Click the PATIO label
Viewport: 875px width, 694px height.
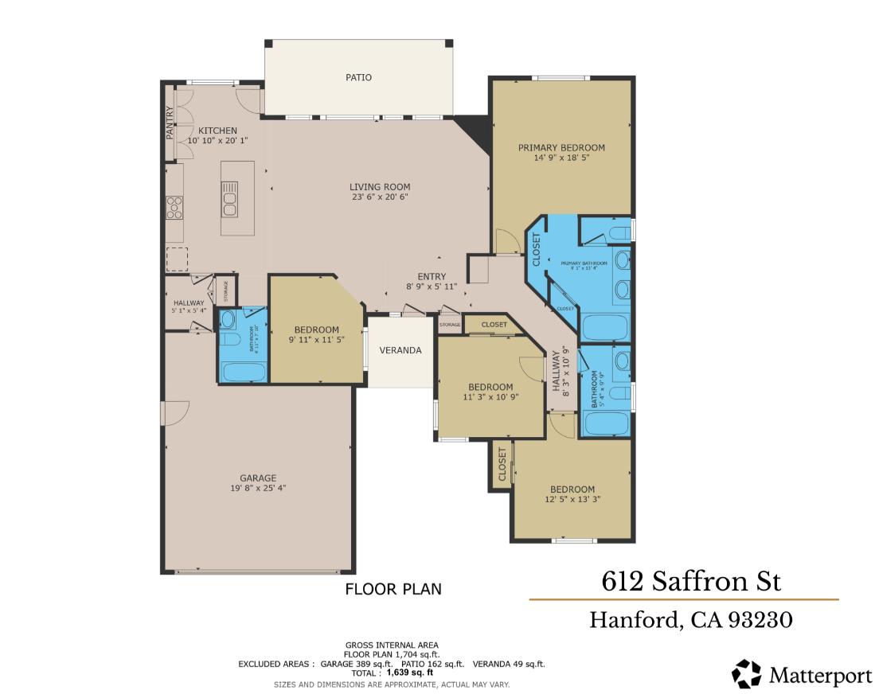pos(358,77)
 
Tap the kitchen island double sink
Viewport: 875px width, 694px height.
pos(229,198)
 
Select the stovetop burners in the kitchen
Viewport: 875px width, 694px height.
pos(174,207)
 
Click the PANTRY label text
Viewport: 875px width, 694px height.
pos(170,123)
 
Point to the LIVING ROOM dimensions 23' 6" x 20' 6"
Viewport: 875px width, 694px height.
pos(380,197)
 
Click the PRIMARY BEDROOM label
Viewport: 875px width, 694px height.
pos(561,147)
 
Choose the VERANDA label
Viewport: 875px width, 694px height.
pos(400,350)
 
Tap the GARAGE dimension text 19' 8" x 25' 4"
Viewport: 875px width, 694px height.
pos(258,488)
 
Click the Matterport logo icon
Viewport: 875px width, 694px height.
pos(747,674)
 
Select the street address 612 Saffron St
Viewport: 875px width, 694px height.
pos(691,581)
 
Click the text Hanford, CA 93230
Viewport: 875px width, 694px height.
pos(690,619)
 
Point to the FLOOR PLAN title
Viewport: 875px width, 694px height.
pos(393,590)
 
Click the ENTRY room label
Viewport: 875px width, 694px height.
pos(431,277)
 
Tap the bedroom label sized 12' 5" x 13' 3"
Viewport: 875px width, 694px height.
pos(572,489)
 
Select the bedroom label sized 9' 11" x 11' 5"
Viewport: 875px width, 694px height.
pos(316,329)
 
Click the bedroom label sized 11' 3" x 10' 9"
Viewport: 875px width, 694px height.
pos(490,387)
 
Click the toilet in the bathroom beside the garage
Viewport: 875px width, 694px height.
pos(231,341)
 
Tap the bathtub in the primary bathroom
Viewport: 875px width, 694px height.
pos(606,326)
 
